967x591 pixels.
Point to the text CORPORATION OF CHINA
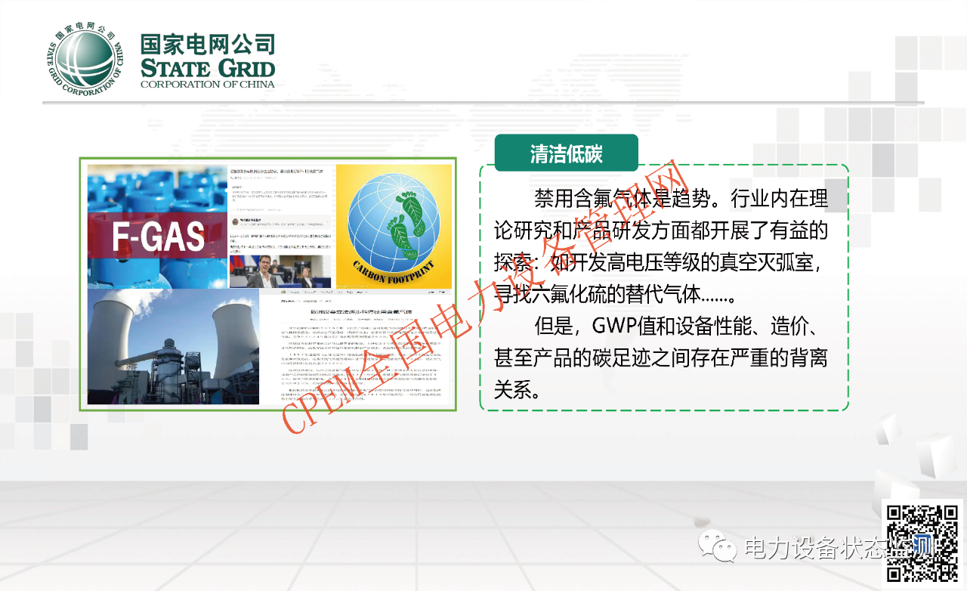208,85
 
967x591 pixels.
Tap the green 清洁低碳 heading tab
566,153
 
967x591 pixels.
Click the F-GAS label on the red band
158,237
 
